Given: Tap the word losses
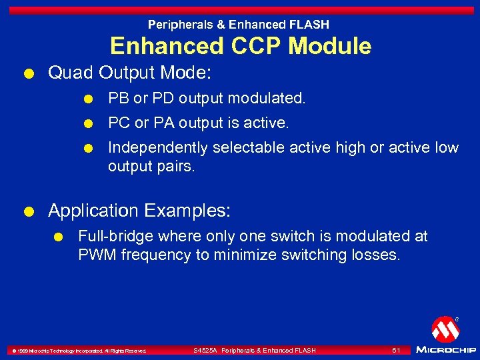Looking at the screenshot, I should click(378, 255).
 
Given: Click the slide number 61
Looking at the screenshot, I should click(396, 350).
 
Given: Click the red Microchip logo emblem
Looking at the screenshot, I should click(445, 329).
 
